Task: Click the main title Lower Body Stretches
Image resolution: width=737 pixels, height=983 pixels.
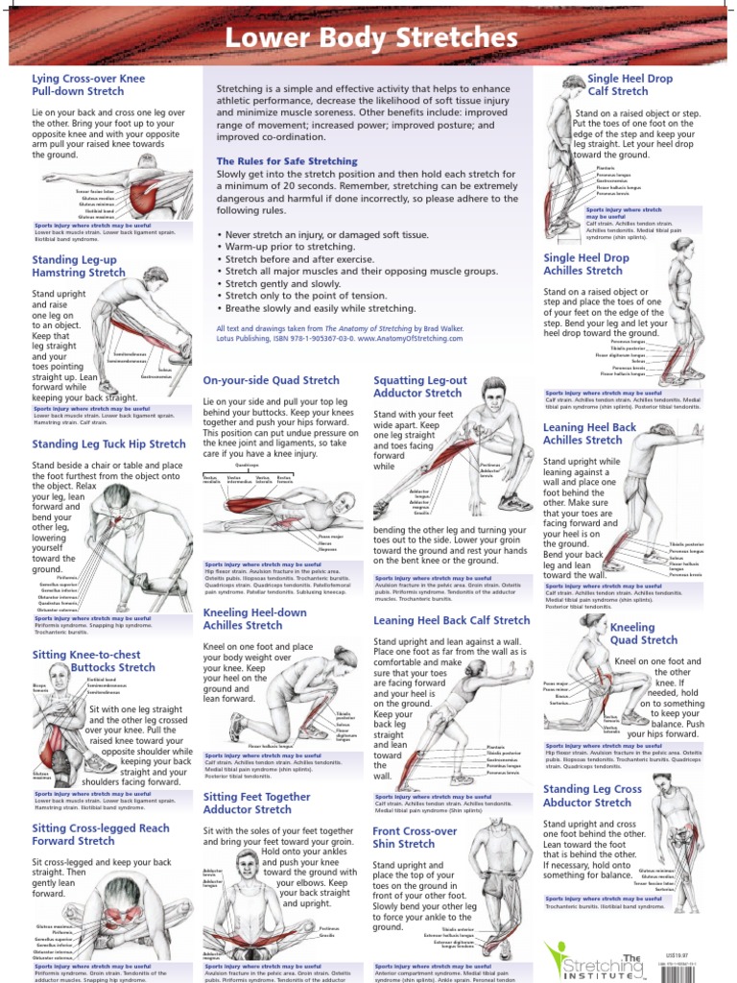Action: (369, 37)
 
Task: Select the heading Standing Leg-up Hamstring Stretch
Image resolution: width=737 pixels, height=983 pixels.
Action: (79, 266)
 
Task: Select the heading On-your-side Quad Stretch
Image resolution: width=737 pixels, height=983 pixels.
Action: (271, 380)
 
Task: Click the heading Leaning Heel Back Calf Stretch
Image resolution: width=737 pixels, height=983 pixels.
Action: (451, 621)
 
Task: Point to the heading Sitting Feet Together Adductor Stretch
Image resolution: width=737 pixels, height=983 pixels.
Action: (256, 803)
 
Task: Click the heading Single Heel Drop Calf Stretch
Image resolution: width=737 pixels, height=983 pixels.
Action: (632, 84)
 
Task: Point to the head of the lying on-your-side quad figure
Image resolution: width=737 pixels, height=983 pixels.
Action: (343, 503)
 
